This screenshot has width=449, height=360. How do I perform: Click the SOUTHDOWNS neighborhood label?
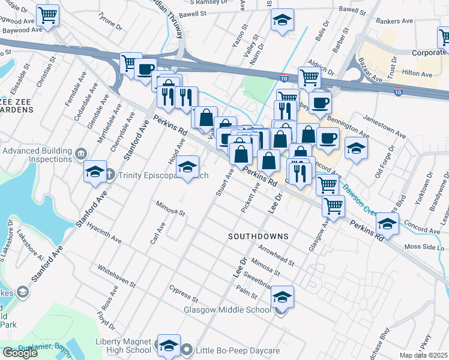click(258, 236)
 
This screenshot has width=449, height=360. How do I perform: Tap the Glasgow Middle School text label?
click(228, 310)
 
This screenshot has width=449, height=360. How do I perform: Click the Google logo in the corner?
click(20, 352)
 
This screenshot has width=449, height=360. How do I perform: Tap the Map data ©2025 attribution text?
click(424, 355)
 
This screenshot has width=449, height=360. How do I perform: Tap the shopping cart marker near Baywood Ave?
click(47, 15)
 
